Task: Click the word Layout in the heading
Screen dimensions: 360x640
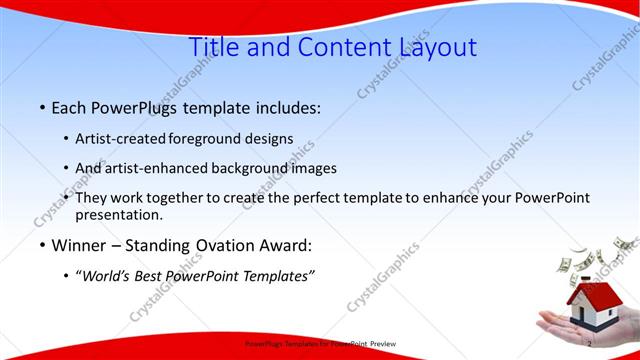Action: click(431, 46)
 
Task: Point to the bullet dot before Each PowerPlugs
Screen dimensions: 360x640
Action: click(42, 106)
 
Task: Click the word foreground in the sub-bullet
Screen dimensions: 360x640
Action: click(209, 139)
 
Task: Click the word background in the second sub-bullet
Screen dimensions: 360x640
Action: click(251, 168)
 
